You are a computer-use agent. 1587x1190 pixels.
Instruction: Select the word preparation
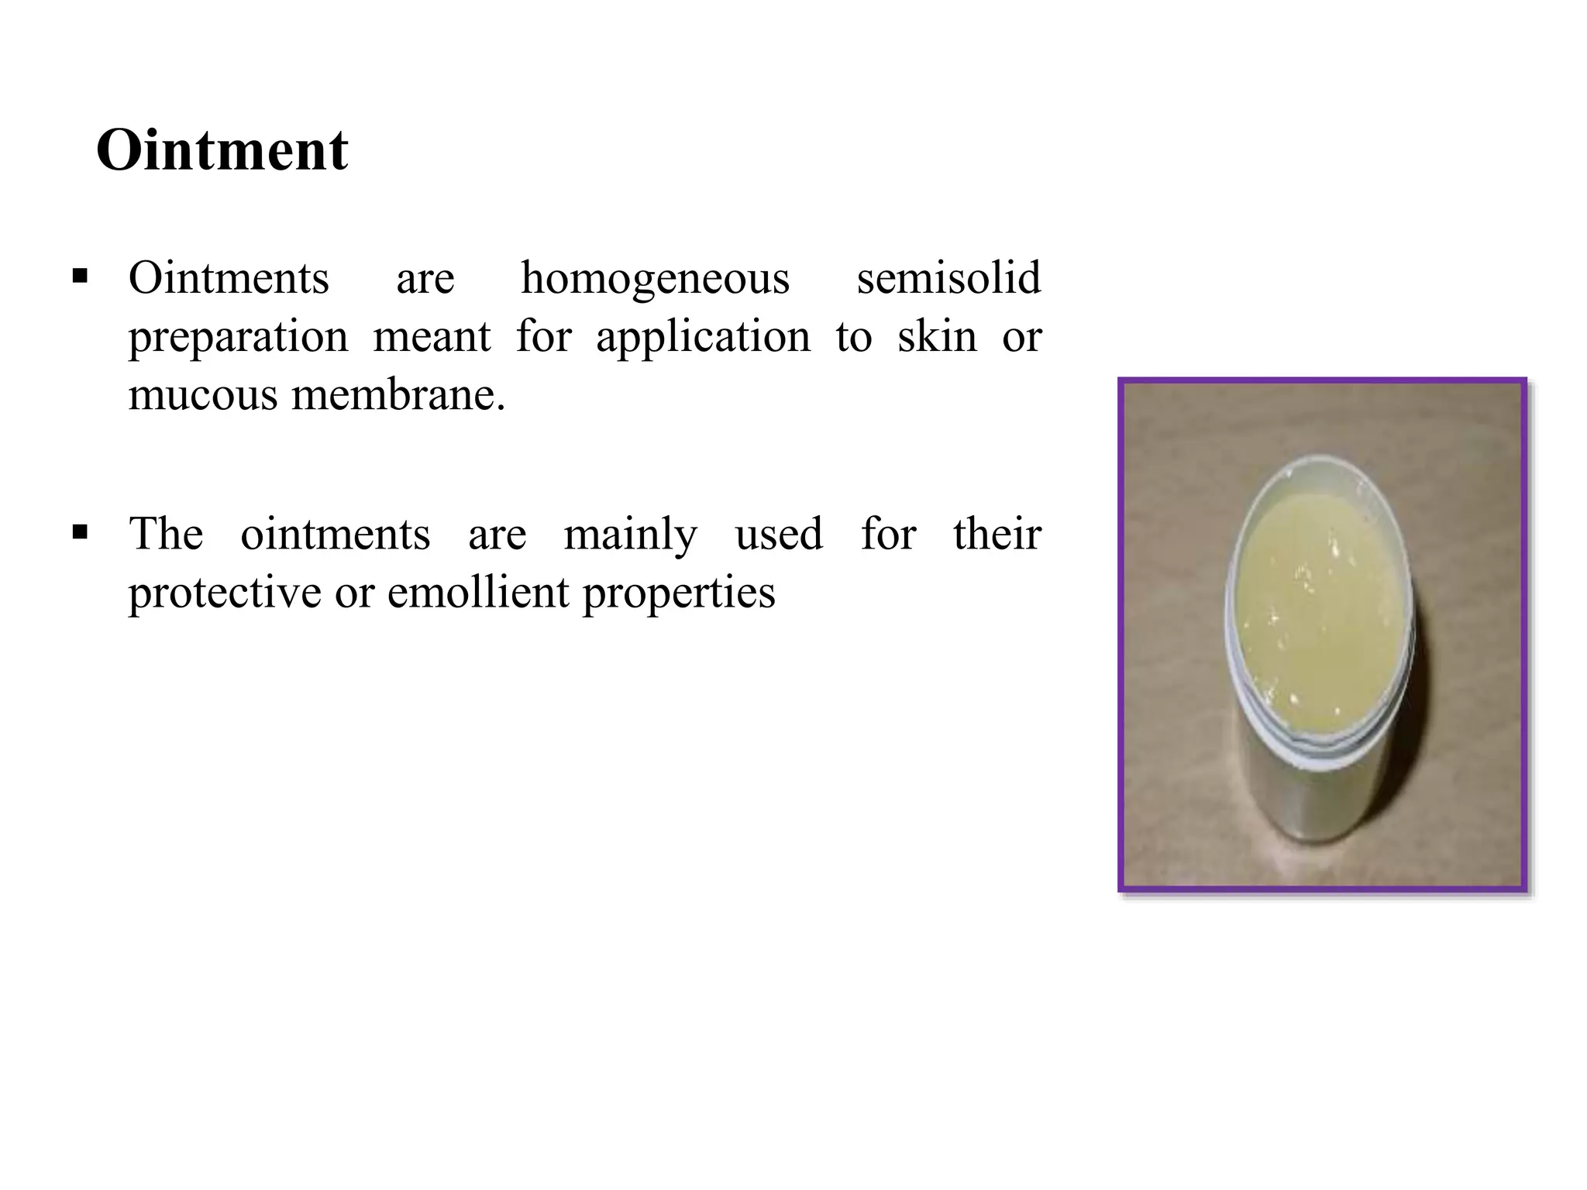point(238,338)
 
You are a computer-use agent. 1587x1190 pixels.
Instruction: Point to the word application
point(703,338)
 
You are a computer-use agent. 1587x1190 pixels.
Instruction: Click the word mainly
point(630,535)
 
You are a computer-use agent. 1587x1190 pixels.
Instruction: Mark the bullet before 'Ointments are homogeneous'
point(79,276)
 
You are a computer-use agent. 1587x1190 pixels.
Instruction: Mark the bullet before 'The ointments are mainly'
point(79,532)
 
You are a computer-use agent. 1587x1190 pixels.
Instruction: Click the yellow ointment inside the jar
point(1317,597)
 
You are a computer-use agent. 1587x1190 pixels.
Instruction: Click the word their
point(997,534)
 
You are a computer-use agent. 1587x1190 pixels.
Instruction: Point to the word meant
point(432,337)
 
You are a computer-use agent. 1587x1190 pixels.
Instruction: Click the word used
point(779,535)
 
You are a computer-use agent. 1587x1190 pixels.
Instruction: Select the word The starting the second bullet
point(166,534)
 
